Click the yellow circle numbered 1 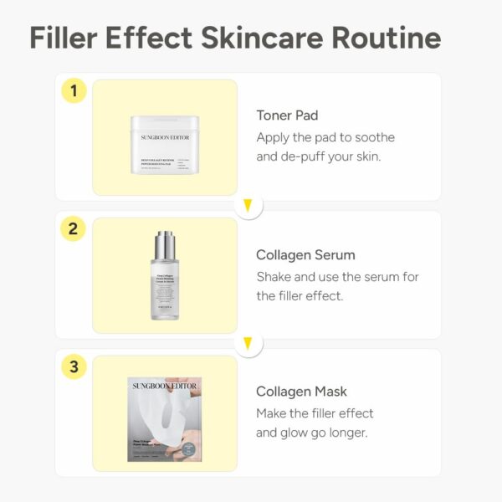[74, 90]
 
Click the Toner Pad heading [287, 115]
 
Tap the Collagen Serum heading [305, 254]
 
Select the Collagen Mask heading [301, 392]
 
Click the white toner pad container [165, 145]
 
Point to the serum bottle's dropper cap [165, 243]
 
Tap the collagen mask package [165, 419]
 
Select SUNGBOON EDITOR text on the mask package [165, 384]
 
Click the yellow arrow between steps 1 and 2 [248, 205]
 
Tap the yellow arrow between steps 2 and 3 [248, 343]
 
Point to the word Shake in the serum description [274, 276]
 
